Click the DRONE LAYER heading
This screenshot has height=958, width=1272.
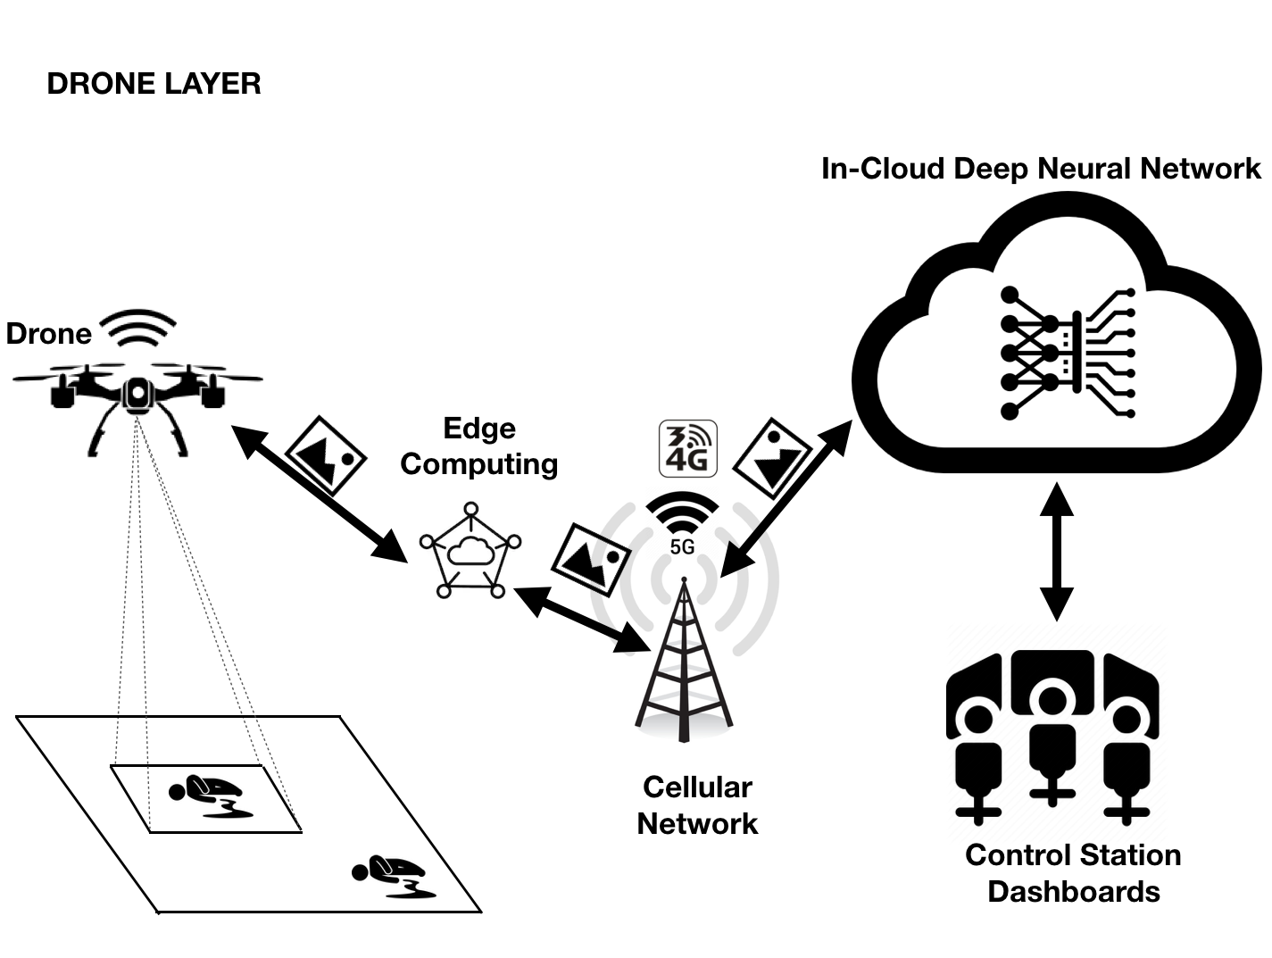pos(154,84)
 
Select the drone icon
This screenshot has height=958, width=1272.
pos(137,397)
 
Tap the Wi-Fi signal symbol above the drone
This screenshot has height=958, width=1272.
pos(137,329)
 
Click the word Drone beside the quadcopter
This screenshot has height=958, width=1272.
pos(49,334)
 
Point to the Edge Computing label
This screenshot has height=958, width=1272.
pos(479,446)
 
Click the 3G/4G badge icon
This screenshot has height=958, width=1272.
pos(687,448)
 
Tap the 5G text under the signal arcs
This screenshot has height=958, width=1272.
pos(682,546)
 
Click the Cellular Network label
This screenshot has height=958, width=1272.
pos(697,805)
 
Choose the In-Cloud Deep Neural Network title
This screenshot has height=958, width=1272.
pos(1041,169)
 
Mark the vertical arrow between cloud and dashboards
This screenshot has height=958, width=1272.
pos(1057,552)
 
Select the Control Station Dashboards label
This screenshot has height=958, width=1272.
pos(1073,873)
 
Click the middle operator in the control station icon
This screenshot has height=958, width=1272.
pos(1052,732)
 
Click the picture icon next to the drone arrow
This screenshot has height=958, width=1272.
pos(326,454)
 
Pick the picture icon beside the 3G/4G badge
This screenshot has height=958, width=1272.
pos(773,457)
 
